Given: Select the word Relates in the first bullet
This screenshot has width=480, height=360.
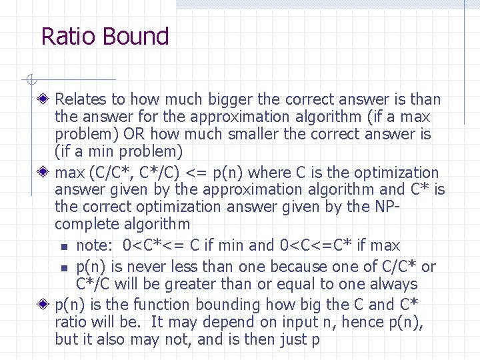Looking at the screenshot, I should pos(81,100).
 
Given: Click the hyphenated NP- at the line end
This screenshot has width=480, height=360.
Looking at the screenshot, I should pos(388,207).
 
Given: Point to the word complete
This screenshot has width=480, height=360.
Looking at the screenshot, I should pos(85,225).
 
